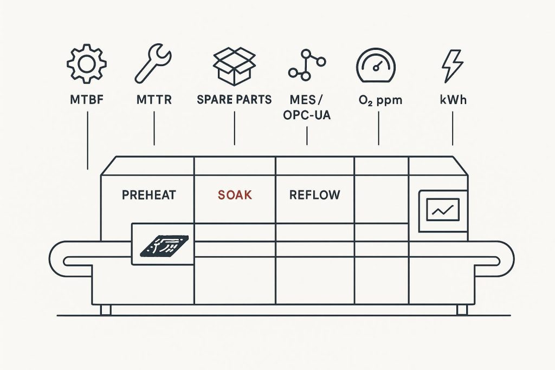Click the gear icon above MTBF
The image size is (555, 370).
(x=87, y=64)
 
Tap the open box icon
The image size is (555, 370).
(x=234, y=65)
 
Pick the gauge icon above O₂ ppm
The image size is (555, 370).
(x=376, y=65)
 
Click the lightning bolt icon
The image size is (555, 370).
(x=453, y=65)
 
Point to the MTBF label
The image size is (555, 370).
(x=87, y=100)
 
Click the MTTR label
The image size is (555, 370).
(x=154, y=100)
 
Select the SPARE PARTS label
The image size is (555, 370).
(x=234, y=100)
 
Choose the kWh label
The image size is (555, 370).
(x=453, y=100)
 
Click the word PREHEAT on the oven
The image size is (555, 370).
(x=149, y=194)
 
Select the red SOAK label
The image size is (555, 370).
(x=235, y=194)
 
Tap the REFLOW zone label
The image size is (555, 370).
(x=314, y=194)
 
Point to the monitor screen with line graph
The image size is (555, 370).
(x=442, y=209)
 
